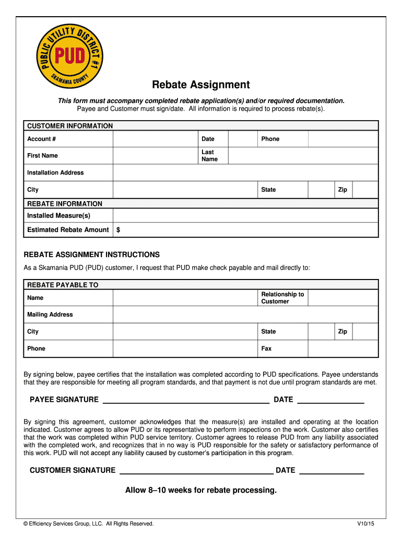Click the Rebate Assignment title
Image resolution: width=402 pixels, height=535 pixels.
[x=201, y=85]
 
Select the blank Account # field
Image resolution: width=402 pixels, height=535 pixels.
[x=155, y=139]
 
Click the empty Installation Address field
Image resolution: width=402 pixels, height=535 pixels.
[x=245, y=173]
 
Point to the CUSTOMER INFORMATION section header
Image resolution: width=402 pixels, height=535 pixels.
[x=70, y=126]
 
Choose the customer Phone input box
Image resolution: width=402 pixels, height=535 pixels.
[x=343, y=139]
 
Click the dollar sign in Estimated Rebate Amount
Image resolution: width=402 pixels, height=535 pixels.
[x=119, y=230]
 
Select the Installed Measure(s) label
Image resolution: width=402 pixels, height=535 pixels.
[x=58, y=216]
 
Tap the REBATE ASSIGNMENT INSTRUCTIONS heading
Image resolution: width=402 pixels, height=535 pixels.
[x=92, y=255]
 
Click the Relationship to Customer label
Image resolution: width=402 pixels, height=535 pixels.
[x=282, y=298]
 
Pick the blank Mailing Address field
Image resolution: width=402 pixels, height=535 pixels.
[x=245, y=315]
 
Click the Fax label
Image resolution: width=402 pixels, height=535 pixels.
[x=266, y=348]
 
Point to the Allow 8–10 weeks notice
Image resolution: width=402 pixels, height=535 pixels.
[x=201, y=491]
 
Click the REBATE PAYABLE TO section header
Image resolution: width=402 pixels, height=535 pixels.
[x=63, y=285]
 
